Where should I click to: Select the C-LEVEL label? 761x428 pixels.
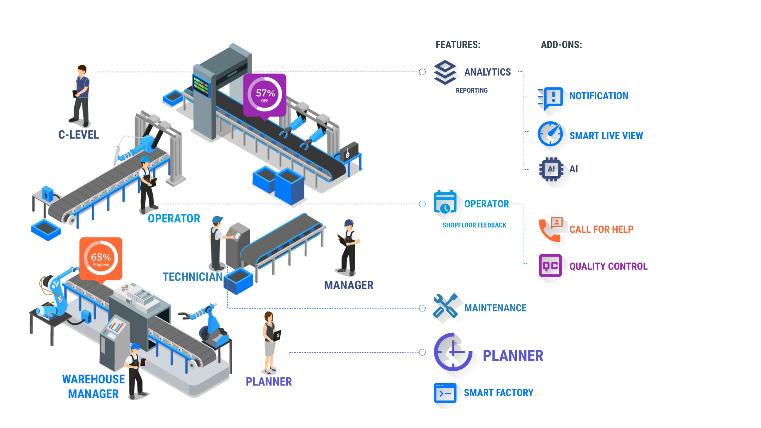pyautogui.click(x=79, y=135)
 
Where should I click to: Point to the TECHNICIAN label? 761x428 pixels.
pyautogui.click(x=193, y=277)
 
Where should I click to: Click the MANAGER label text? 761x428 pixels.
pyautogui.click(x=349, y=286)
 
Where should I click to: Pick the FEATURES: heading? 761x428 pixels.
pyautogui.click(x=458, y=45)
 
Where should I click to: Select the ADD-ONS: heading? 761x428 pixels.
pyautogui.click(x=561, y=45)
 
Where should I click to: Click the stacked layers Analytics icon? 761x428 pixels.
pyautogui.click(x=445, y=73)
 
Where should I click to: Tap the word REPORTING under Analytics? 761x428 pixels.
pyautogui.click(x=472, y=90)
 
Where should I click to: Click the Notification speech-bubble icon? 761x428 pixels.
pyautogui.click(x=552, y=97)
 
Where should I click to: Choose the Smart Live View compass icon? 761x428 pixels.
pyautogui.click(x=550, y=134)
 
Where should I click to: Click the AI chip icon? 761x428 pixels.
pyautogui.click(x=551, y=169)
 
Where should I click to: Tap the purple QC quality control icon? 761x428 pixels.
pyautogui.click(x=550, y=266)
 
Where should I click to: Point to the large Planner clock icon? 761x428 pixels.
pyautogui.click(x=453, y=352)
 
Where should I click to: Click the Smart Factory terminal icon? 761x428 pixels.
pyautogui.click(x=445, y=393)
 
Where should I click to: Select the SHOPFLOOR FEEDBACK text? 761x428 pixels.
pyautogui.click(x=474, y=225)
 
